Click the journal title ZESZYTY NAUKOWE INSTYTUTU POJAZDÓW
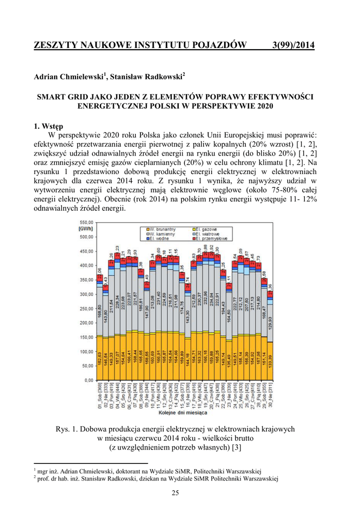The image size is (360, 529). pos(140,45)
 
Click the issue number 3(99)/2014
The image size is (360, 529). pos(293,45)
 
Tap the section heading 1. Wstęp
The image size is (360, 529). pos(48,126)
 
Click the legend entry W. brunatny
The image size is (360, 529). pos(162,229)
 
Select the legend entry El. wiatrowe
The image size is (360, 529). pos(207,234)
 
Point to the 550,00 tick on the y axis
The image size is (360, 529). pos(86,221)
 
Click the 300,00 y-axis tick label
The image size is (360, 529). pos(86,294)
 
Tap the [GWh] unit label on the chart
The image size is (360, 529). pos(86,228)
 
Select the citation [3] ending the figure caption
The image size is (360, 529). pos(236,447)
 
